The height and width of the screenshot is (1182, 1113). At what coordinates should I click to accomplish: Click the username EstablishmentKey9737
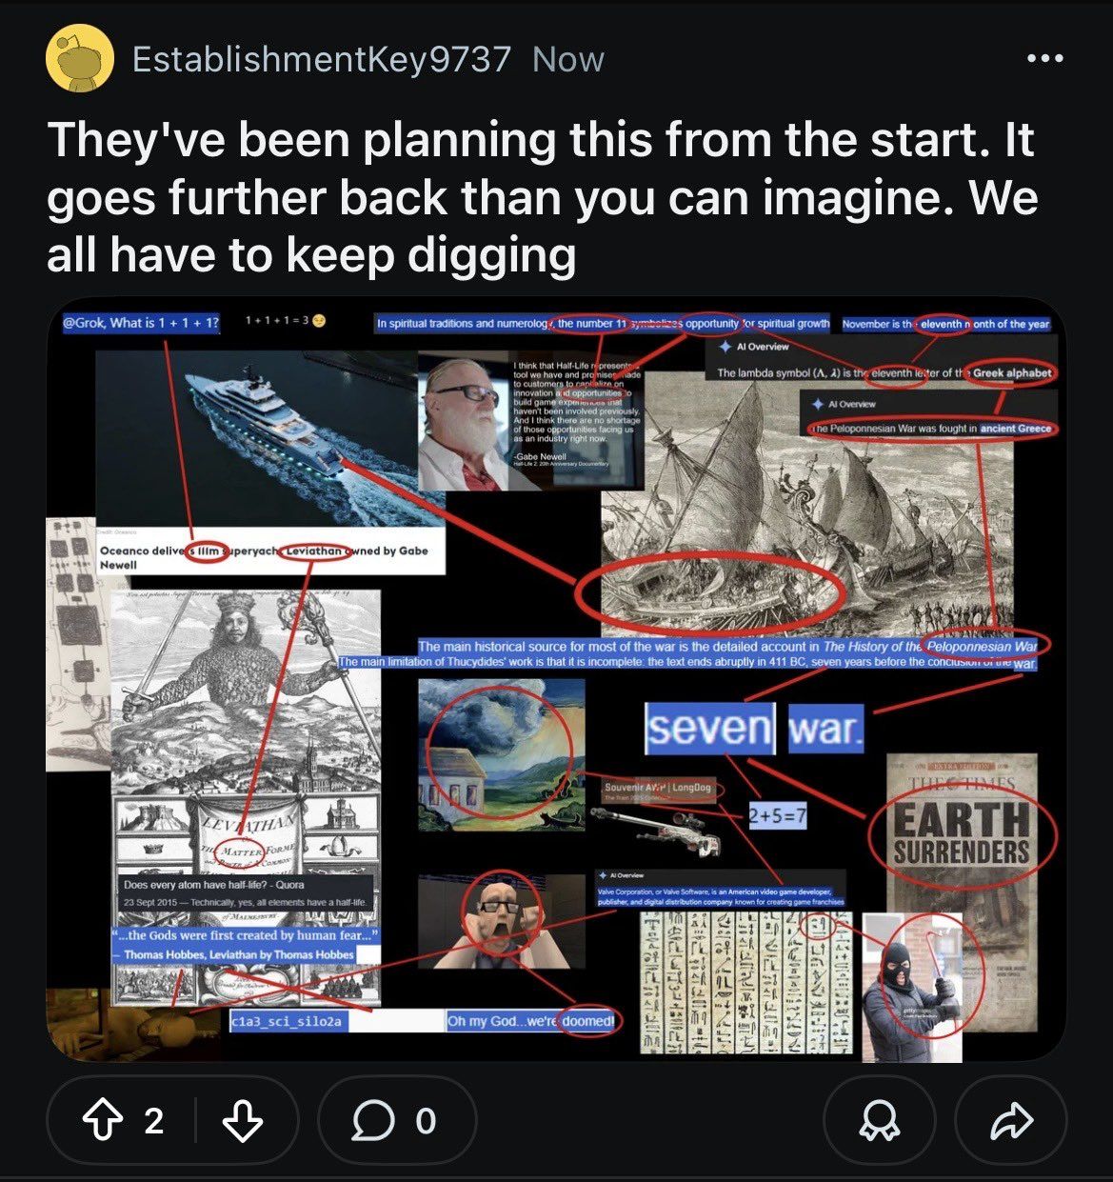click(x=321, y=59)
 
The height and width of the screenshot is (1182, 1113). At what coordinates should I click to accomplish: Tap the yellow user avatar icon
click(x=80, y=59)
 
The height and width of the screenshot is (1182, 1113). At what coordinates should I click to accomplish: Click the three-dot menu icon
click(x=1044, y=59)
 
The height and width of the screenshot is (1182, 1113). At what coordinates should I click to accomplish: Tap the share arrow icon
click(x=1011, y=1120)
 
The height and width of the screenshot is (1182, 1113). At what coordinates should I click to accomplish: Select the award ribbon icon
click(x=878, y=1120)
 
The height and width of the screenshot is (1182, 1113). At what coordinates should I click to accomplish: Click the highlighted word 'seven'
click(x=709, y=729)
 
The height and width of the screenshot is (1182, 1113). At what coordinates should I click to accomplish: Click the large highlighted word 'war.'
click(x=825, y=729)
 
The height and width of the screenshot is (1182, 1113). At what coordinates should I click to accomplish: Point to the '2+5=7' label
click(x=777, y=816)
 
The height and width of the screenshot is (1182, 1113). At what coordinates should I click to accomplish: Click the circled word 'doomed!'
click(x=587, y=1021)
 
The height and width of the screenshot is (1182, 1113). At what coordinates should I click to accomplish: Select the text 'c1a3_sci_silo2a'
click(x=287, y=1022)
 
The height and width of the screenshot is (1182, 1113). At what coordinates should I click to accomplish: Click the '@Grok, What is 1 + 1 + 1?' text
click(x=141, y=323)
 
